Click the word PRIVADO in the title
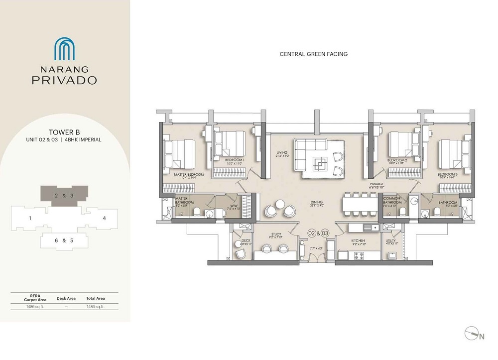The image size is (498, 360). pyautogui.click(x=64, y=80)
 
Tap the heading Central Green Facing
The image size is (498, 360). pyautogui.click(x=314, y=54)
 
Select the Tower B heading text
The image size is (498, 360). pyautogui.click(x=64, y=132)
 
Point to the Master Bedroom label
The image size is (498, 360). pyautogui.click(x=189, y=175)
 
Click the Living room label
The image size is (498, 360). pyautogui.click(x=282, y=153)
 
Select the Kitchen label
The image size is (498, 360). pyautogui.click(x=359, y=240)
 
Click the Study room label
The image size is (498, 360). pyautogui.click(x=276, y=234)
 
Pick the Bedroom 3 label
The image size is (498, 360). pyautogui.click(x=448, y=175)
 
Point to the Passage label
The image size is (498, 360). pyautogui.click(x=376, y=184)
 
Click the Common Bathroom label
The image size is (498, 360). pyautogui.click(x=392, y=201)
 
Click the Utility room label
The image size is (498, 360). pyautogui.click(x=391, y=240)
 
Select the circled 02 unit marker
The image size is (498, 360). pyautogui.click(x=312, y=233)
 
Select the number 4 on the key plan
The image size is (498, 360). pyautogui.click(x=104, y=218)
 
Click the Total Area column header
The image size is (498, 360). pyautogui.click(x=95, y=298)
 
